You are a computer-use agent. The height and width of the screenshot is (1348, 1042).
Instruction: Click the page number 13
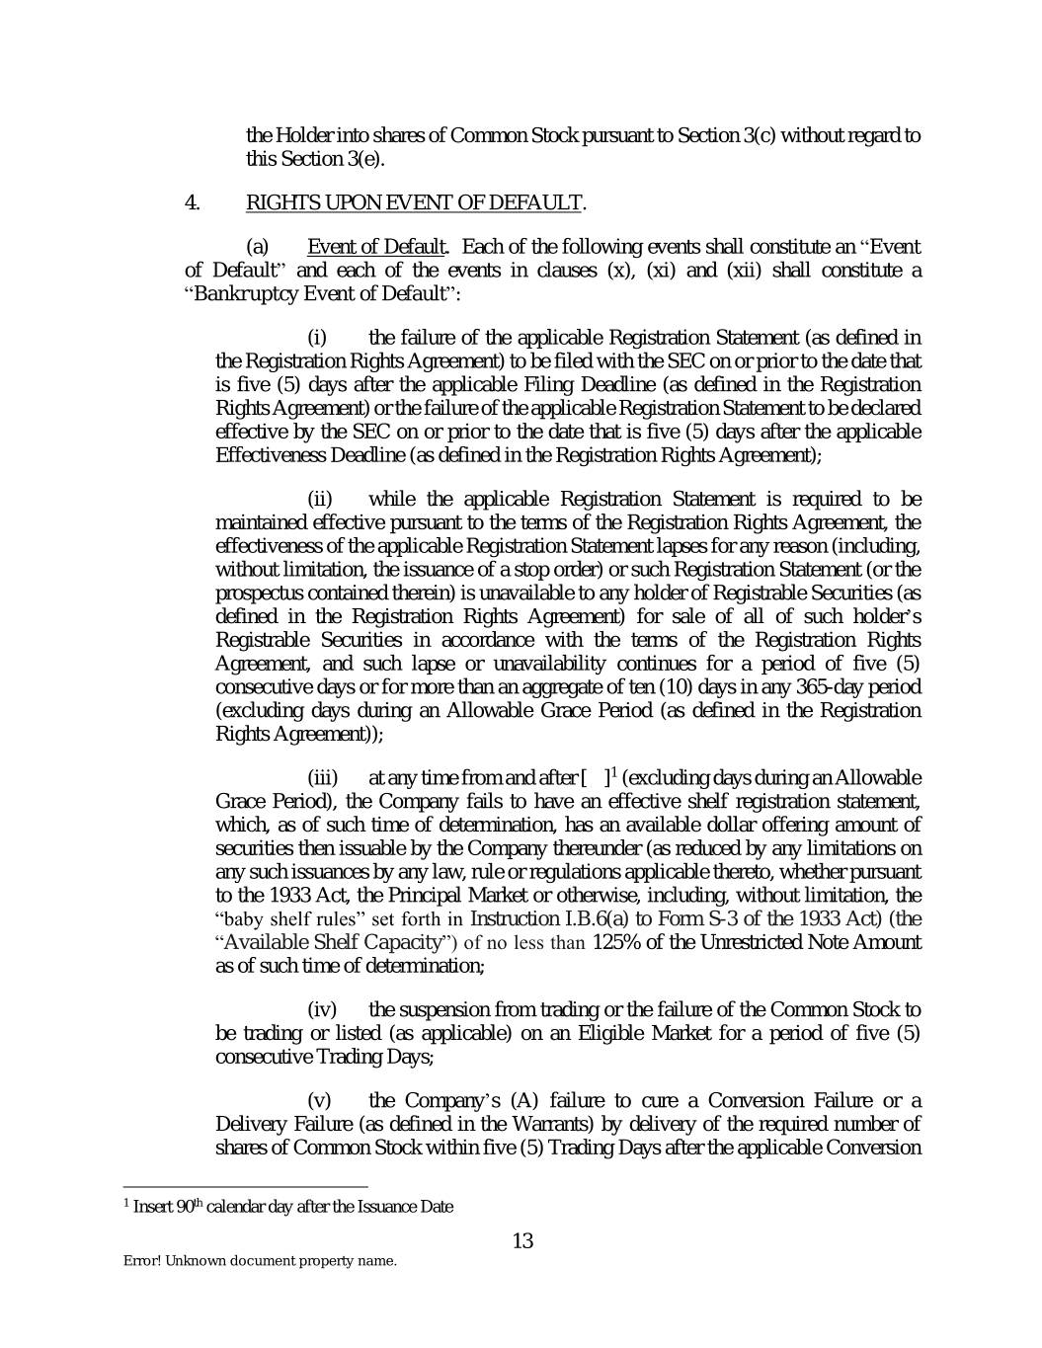pos(522,1240)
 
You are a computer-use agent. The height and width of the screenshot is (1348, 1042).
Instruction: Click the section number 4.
pos(193,202)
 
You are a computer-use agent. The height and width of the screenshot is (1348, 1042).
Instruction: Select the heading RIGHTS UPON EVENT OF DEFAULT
pos(413,202)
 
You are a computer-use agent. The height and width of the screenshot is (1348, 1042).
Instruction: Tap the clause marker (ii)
pos(322,499)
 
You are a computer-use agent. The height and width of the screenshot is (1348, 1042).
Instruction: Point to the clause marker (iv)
pos(323,1009)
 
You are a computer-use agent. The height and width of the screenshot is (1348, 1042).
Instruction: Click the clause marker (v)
pos(320,1100)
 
